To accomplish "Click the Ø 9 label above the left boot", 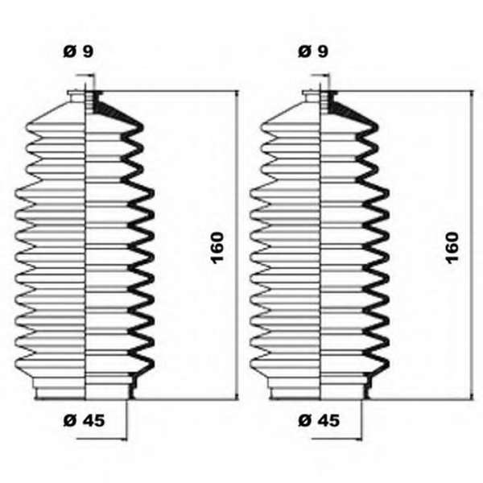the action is pos(78,52).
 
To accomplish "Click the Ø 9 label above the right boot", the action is pos(313,52).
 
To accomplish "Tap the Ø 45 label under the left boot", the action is pos(84,420).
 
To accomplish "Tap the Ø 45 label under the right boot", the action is pos(319,420).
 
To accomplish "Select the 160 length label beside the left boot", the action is pos(217,248).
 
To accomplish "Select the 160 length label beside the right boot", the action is pos(452,248).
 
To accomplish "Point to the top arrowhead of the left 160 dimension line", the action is pos(237,93).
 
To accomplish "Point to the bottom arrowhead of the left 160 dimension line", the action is pos(237,397).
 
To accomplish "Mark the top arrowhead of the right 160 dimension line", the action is pos(472,93).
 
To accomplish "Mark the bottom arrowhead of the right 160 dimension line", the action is pos(472,397).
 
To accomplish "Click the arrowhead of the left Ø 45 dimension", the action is pos(124,439).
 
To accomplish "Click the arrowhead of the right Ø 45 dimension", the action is pos(359,439).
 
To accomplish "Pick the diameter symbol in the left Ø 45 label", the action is pos(69,420).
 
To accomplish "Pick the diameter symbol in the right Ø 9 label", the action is pos(304,52).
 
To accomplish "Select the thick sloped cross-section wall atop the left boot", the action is pos(115,110).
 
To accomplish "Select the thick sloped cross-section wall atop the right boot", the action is pos(350,110).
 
